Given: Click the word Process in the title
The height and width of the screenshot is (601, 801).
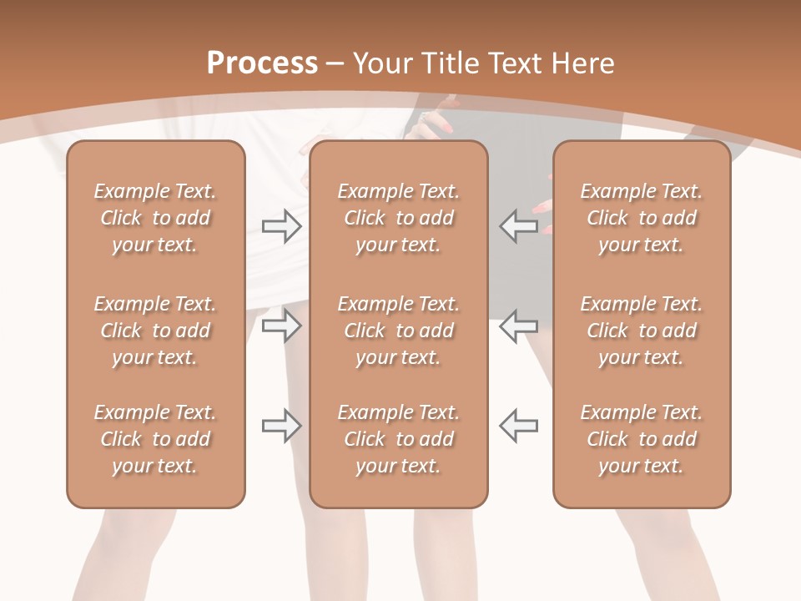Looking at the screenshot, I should pos(262,63).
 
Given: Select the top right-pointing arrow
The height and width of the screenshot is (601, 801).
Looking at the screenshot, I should pos(281,226).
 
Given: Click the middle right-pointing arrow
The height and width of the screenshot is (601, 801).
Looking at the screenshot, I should pos(281,326).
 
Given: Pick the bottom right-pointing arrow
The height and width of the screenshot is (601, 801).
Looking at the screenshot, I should pos(281,426).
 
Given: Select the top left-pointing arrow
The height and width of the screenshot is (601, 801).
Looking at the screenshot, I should pos(519,226).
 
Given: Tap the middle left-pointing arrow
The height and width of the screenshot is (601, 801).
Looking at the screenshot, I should pos(519,326).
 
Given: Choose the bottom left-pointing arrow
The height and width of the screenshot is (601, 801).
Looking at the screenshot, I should pos(519,426).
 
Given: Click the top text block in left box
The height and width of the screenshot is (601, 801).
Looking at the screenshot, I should pos(155,218).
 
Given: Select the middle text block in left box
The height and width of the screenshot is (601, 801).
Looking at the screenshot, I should pos(155,331).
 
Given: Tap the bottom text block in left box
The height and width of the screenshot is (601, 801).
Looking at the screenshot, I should pos(155,439).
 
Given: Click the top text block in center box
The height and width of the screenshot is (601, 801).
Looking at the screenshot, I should pos(399,218).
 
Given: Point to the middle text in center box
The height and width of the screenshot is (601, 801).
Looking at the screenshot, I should pos(399,331).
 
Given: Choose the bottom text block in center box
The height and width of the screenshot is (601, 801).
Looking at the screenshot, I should pos(399,439).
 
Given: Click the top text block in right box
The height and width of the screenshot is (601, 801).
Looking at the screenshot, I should pos(642,218).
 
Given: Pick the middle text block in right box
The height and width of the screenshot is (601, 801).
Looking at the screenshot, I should pos(642,331).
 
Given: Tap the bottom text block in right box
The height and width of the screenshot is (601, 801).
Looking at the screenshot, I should pos(642,439).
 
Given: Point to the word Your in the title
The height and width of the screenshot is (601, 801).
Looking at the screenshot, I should pos(383,63).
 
